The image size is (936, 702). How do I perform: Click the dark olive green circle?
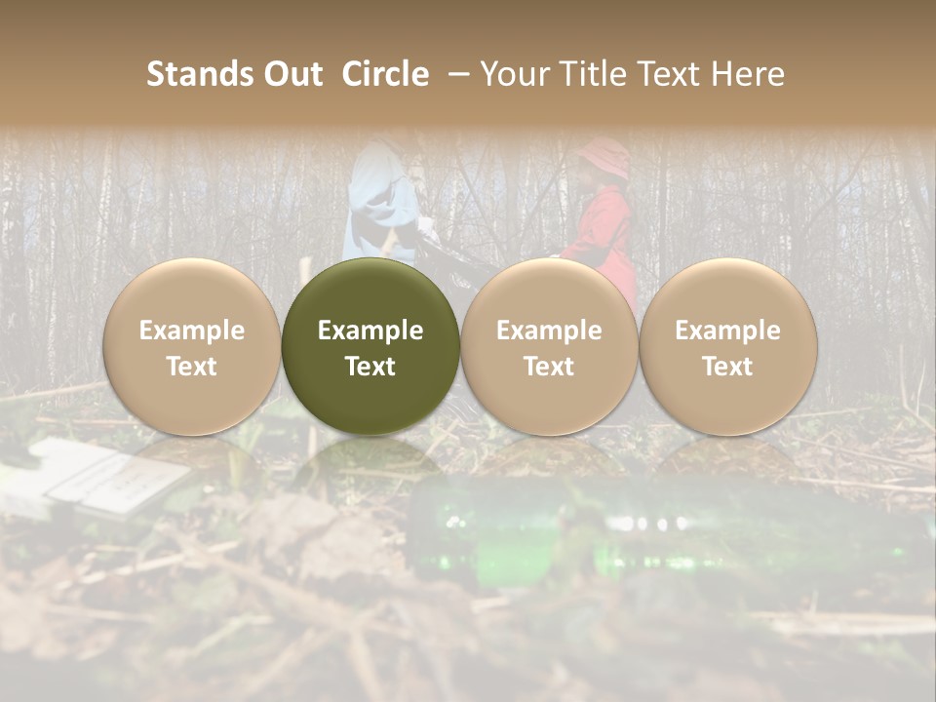(370, 346)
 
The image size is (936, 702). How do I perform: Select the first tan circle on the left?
(192, 346)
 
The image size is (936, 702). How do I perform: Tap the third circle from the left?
(549, 346)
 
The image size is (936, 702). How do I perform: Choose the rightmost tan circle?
(727, 346)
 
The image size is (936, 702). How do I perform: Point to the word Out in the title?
(291, 74)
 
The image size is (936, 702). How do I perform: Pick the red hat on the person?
(604, 156)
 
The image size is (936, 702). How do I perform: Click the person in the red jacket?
(603, 234)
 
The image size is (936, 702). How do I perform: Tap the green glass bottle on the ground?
(585, 536)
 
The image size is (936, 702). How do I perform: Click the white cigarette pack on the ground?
(107, 478)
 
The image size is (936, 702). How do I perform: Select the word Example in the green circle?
(370, 331)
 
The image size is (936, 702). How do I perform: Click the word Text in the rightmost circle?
(727, 367)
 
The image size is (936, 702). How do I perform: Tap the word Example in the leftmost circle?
(192, 331)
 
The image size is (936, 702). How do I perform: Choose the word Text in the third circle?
(549, 367)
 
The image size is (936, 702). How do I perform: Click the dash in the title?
(454, 74)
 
